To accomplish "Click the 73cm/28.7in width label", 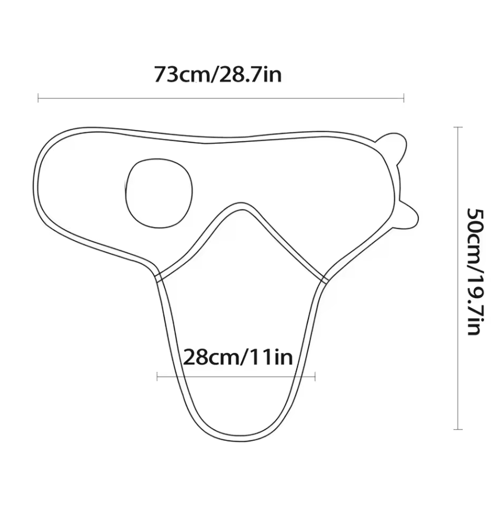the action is pos(218,74).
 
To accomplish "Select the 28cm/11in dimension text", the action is pos(238,357).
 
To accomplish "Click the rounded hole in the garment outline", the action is pos(159,193).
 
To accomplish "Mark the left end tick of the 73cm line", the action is pos(38,98).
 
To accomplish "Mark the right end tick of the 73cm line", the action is pos(404,98).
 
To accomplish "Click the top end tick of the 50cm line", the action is pos(458,128).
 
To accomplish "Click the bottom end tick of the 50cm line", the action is pos(458,429).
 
